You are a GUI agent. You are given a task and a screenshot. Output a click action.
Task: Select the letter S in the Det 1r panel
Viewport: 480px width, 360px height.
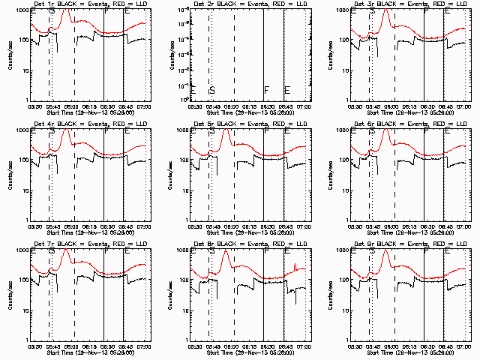pyautogui.click(x=51, y=12)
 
